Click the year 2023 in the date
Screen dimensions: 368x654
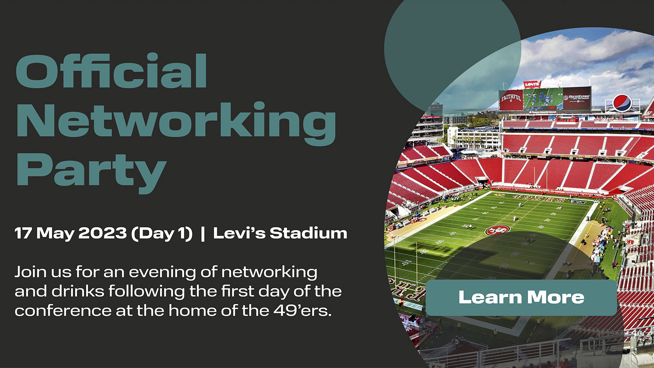point(103,233)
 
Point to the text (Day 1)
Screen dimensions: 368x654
point(162,233)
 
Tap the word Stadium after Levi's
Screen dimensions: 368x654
point(308,233)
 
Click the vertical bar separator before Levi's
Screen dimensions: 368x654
point(203,233)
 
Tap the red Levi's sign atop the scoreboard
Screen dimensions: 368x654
point(532,84)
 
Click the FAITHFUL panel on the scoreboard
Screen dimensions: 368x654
point(511,99)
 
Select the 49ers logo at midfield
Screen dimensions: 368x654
point(497,230)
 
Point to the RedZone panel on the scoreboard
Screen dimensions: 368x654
point(577,98)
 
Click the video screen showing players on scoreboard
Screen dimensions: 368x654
point(543,99)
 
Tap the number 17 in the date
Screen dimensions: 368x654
point(23,233)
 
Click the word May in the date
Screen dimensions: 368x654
point(55,233)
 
